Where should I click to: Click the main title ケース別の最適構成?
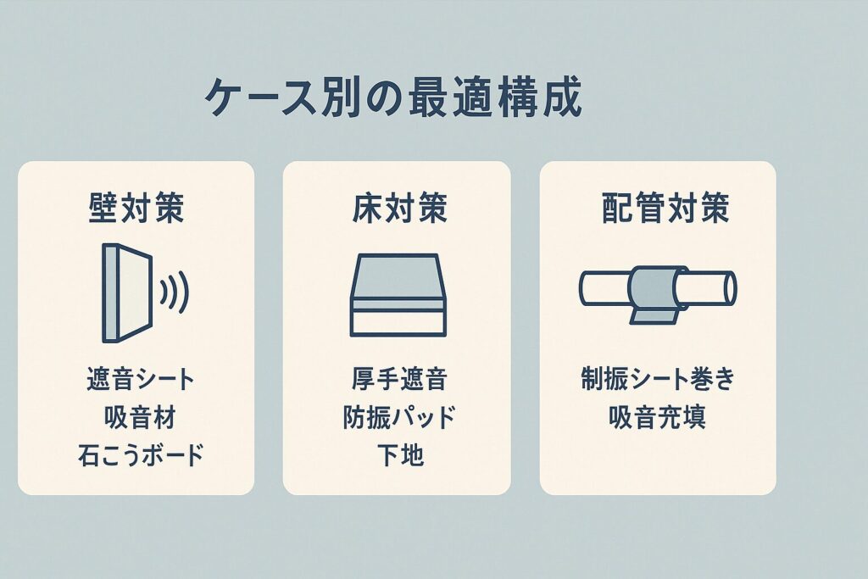pyautogui.click(x=393, y=98)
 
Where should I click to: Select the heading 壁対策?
pyautogui.click(x=136, y=209)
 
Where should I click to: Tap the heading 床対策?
pyautogui.click(x=399, y=209)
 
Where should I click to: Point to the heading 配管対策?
pyautogui.click(x=665, y=209)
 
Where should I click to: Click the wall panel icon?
pyautogui.click(x=127, y=292)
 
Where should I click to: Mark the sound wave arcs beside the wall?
pyautogui.click(x=175, y=292)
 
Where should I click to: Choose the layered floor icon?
pyautogui.click(x=398, y=295)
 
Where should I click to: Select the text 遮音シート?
pyautogui.click(x=140, y=381)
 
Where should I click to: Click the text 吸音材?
pyautogui.click(x=140, y=417)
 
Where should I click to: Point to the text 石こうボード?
pyautogui.click(x=141, y=454)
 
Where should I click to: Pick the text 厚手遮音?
pyautogui.click(x=399, y=381)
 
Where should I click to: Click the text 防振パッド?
pyautogui.click(x=399, y=417)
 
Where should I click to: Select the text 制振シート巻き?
pyautogui.click(x=658, y=381)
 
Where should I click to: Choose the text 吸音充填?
pyautogui.click(x=658, y=417)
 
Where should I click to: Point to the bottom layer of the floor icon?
pyautogui.click(x=398, y=324)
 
